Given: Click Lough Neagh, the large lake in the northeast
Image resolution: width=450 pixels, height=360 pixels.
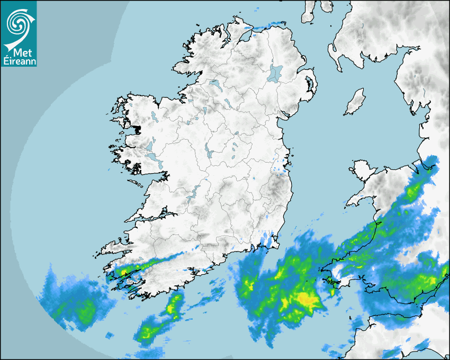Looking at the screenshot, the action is [275, 73].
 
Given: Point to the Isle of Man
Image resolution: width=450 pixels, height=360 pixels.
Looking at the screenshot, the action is [355, 102].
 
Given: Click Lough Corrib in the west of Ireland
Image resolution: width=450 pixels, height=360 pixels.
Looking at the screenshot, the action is [151, 148].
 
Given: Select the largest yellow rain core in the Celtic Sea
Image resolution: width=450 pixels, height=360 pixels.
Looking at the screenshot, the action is [307, 300].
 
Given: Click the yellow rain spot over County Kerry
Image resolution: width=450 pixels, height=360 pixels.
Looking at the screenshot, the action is [123, 272].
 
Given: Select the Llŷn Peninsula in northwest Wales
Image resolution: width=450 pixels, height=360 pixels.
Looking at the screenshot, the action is [360, 199].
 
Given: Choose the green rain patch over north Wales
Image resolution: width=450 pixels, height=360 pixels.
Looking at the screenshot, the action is [410, 193].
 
